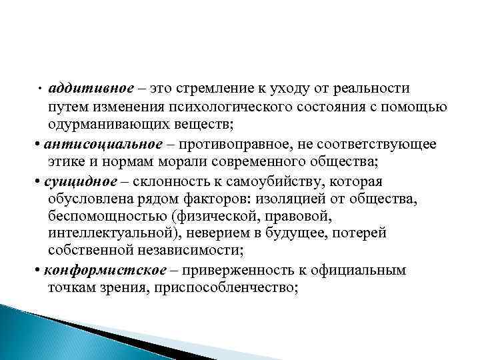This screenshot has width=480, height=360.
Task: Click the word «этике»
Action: [66, 161]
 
